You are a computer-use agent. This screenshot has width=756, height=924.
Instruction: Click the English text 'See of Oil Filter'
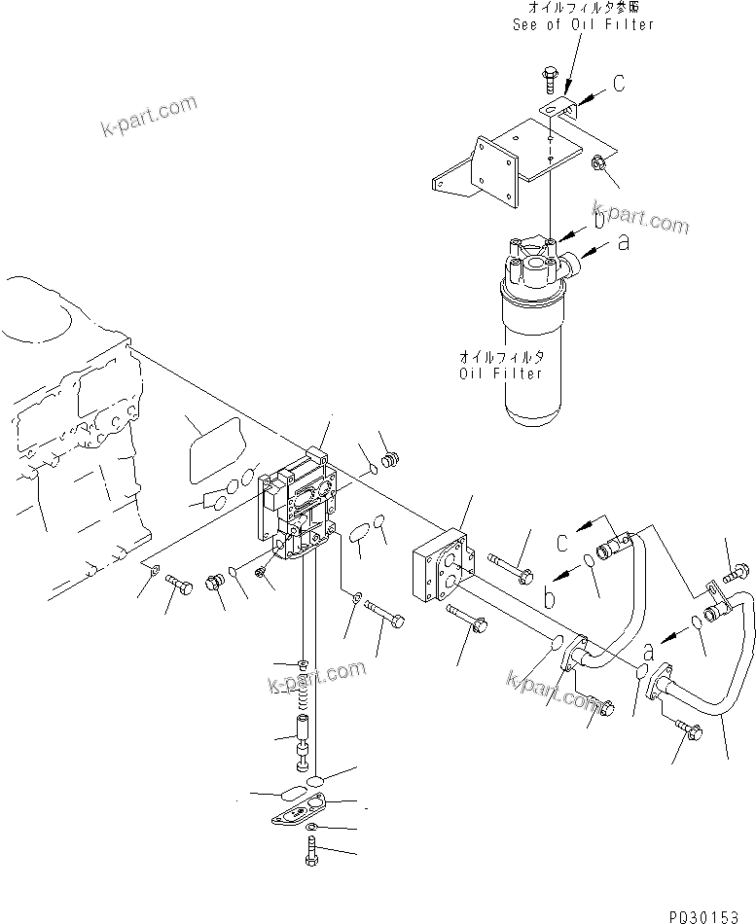click(583, 24)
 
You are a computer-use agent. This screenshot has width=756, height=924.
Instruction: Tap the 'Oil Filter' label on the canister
click(501, 373)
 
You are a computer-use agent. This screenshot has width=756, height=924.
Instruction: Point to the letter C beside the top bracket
click(618, 85)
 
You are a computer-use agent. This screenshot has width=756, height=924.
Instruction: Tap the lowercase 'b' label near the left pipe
click(551, 598)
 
